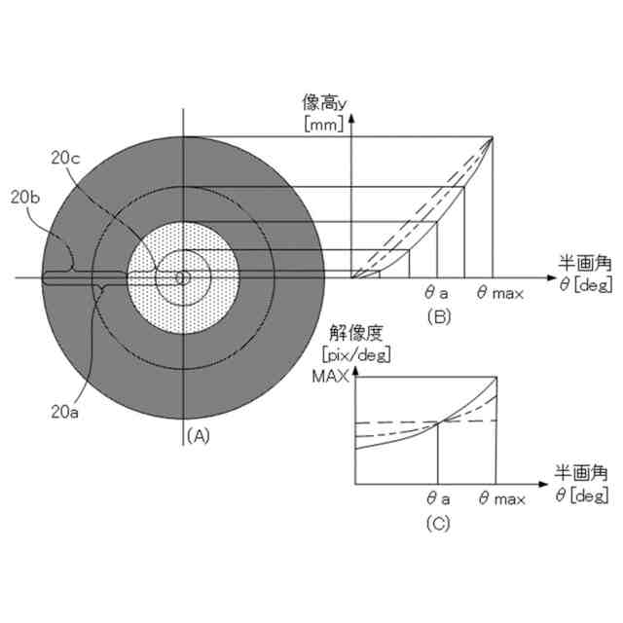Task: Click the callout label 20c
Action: click(x=65, y=158)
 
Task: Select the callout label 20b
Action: click(x=25, y=198)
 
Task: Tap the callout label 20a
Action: click(x=65, y=412)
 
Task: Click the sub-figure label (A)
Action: click(x=199, y=436)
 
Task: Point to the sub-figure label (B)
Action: click(x=439, y=316)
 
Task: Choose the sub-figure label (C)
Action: click(x=438, y=524)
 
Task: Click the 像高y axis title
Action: click(x=324, y=102)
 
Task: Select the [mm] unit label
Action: click(x=324, y=124)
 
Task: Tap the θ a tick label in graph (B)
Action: click(x=436, y=293)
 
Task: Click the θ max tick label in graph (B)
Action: click(x=500, y=293)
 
